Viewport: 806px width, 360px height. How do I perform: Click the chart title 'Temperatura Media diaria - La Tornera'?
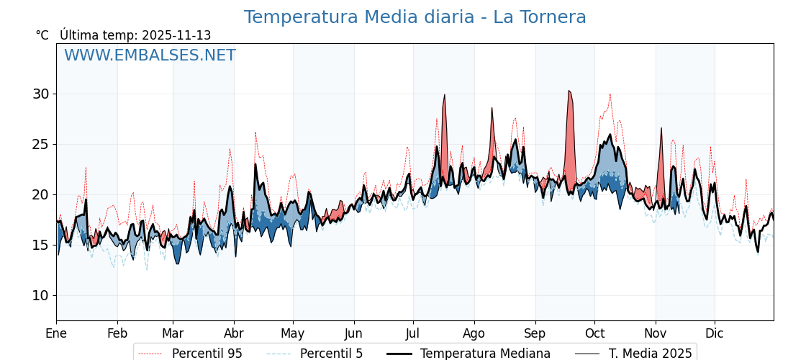click(x=415, y=17)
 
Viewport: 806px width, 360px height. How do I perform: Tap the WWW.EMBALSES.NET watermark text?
click(x=150, y=55)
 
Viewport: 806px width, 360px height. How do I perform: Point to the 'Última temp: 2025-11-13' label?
click(x=135, y=35)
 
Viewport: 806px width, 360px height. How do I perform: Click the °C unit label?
click(x=42, y=35)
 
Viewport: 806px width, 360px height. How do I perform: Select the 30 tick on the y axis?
click(x=40, y=94)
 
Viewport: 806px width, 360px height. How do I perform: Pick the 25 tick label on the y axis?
click(x=40, y=144)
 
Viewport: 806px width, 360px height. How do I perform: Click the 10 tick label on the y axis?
click(x=40, y=295)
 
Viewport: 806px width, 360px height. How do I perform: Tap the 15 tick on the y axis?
click(x=40, y=245)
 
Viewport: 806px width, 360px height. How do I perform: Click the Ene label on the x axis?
click(x=56, y=333)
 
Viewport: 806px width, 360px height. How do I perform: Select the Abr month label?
click(x=234, y=333)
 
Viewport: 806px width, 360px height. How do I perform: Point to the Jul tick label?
click(x=413, y=333)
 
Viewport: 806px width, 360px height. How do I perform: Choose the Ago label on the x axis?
click(x=474, y=333)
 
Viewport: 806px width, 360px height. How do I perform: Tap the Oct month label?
click(x=594, y=333)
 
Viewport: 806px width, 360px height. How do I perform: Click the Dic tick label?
click(x=715, y=333)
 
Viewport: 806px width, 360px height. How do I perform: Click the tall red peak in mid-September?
click(x=570, y=137)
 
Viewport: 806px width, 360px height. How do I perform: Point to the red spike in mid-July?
click(x=444, y=137)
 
